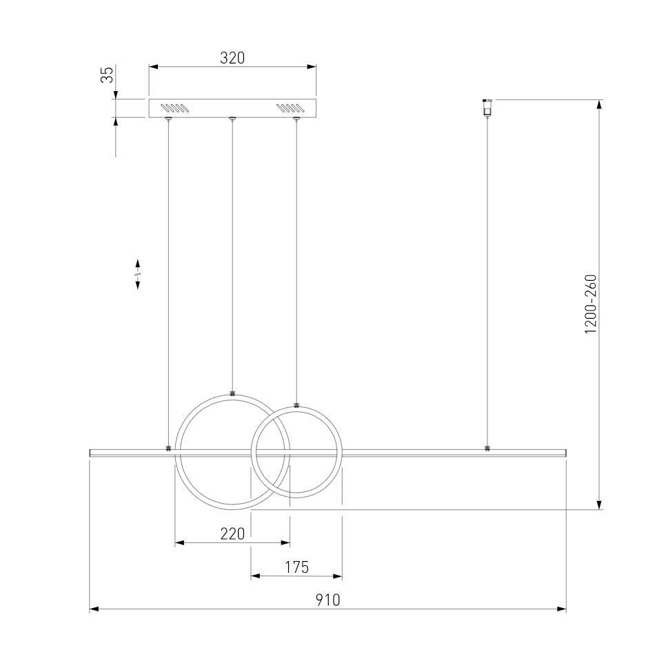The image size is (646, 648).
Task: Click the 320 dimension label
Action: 232,58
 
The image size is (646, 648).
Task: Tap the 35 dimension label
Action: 108,75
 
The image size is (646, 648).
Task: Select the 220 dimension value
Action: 232,534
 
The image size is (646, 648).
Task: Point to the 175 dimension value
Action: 296,567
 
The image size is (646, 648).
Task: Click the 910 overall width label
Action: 328,600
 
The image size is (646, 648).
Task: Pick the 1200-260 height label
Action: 591,304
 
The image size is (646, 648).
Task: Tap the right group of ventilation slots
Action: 290,108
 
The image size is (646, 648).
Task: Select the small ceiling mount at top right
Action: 487,107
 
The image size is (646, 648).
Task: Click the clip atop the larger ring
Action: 232,393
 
